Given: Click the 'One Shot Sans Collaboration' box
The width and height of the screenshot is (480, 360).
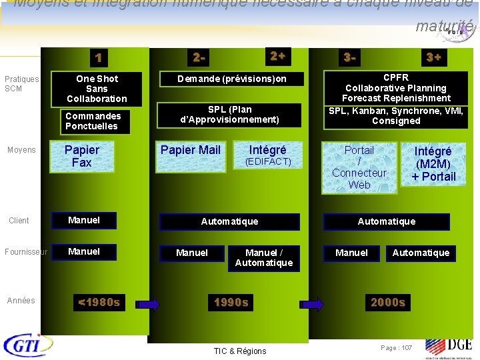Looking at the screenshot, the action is coord(97,89).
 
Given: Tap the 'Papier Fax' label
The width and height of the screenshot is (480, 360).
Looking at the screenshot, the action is coord(81,156).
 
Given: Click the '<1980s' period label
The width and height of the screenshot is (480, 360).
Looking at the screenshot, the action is coord(99,303).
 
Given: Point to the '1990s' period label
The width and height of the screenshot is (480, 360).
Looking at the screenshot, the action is coord(231,303).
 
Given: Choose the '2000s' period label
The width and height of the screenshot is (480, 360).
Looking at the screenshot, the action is coord(388,303).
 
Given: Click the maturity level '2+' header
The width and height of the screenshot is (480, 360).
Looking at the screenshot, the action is coord(277,57).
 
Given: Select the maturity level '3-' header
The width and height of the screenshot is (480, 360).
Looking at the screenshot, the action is coord(349,58).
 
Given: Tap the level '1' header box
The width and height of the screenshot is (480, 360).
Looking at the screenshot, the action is coord(98,58).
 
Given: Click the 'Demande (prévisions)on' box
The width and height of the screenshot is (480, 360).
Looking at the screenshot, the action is coord(232,79).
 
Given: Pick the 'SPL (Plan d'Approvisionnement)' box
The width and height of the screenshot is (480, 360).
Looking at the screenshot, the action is coord(230,115).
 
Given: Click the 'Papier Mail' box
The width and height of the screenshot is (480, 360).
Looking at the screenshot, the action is coord(191,150).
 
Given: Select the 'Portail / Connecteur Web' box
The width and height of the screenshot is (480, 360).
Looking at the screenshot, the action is coord(359,167).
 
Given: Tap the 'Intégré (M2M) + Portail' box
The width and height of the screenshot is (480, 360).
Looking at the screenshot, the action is coord(433,164).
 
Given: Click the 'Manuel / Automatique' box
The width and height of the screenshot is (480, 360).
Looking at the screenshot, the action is coord(264,257).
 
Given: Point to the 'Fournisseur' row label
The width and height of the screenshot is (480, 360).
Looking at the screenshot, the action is coord(25,252).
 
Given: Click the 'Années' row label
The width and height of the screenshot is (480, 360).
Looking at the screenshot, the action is coord(21,301).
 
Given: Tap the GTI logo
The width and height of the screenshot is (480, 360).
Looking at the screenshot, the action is coord(29,345).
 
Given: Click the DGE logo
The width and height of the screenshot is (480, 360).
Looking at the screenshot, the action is coord(449,346).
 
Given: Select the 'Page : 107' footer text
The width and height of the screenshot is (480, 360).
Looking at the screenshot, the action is coord(397,348).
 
